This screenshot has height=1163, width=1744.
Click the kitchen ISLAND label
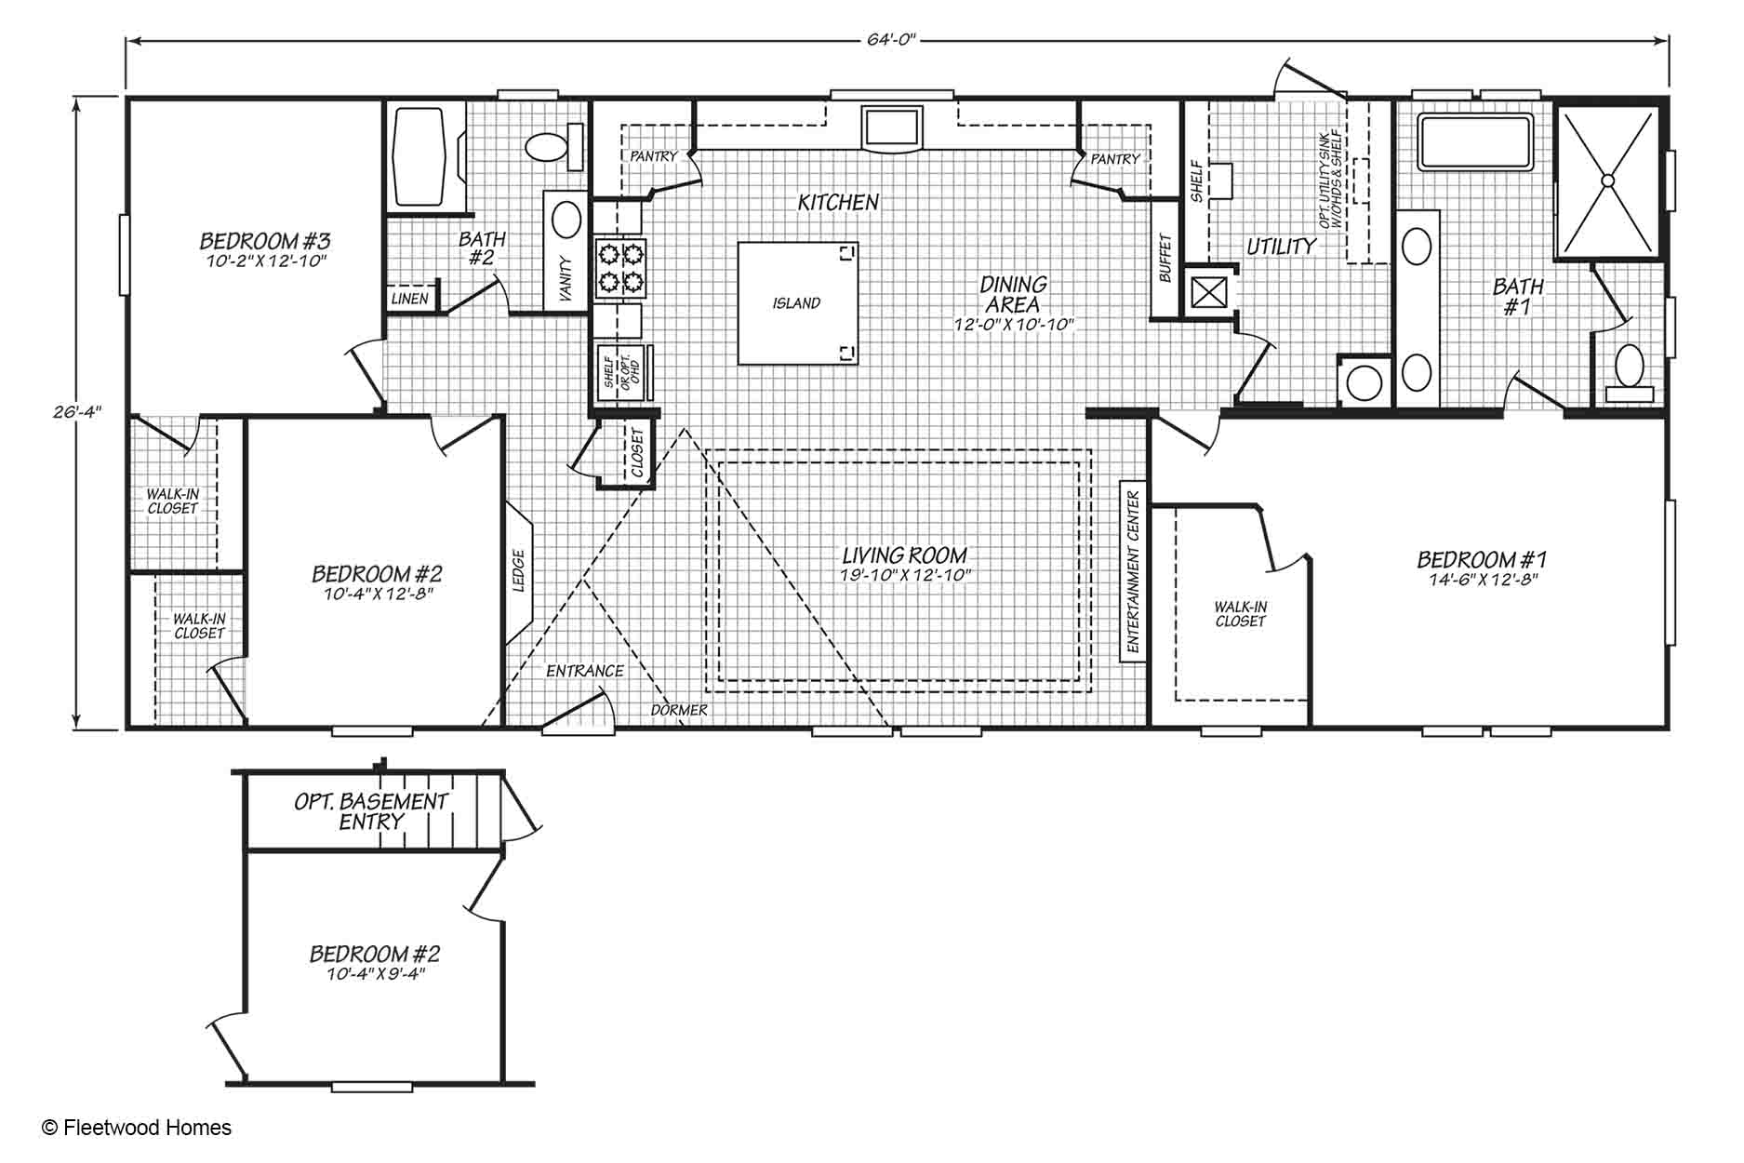point(796,302)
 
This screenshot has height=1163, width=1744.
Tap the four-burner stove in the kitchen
point(620,268)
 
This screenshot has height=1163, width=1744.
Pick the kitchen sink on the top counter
point(891,127)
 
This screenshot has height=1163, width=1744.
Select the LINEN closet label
point(409,299)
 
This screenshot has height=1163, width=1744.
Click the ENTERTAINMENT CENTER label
point(1133,572)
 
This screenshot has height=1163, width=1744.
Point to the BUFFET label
point(1165,258)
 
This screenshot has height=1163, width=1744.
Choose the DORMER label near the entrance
point(678,710)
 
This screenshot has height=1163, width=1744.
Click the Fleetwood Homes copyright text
point(138,1128)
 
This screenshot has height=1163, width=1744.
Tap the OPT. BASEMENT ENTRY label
point(371,811)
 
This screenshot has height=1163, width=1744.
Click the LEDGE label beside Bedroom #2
point(519,570)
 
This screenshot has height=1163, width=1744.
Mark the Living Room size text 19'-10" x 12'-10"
point(905,575)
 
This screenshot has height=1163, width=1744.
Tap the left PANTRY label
point(654,156)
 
